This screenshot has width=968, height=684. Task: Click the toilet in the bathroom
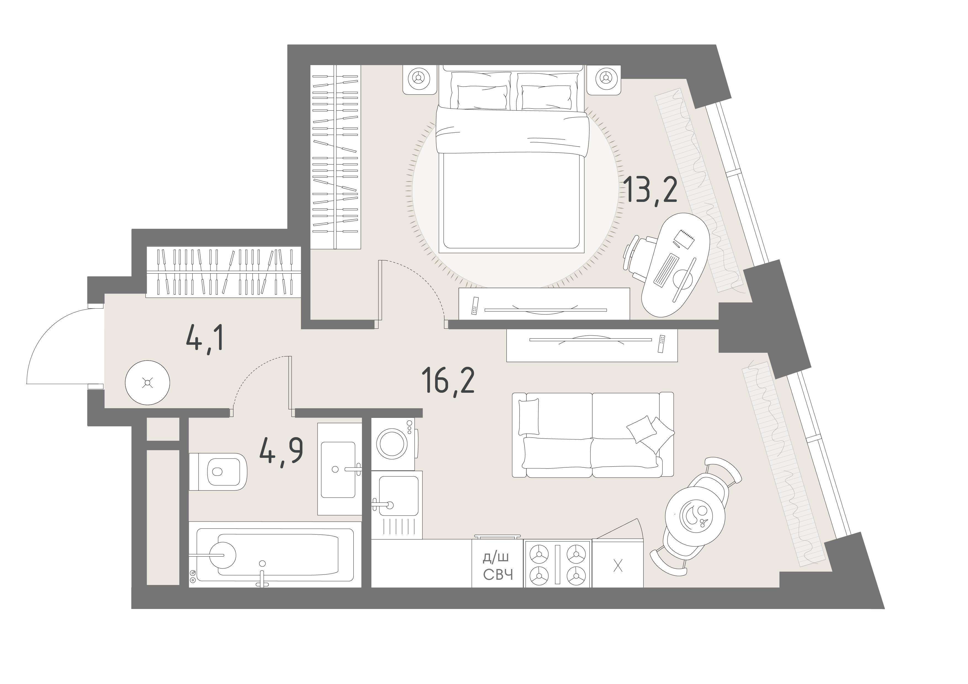click(218, 472)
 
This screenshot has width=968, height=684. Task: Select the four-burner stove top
click(558, 564)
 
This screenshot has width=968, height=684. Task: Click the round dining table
click(695, 514)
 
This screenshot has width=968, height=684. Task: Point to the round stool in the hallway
click(148, 383)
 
